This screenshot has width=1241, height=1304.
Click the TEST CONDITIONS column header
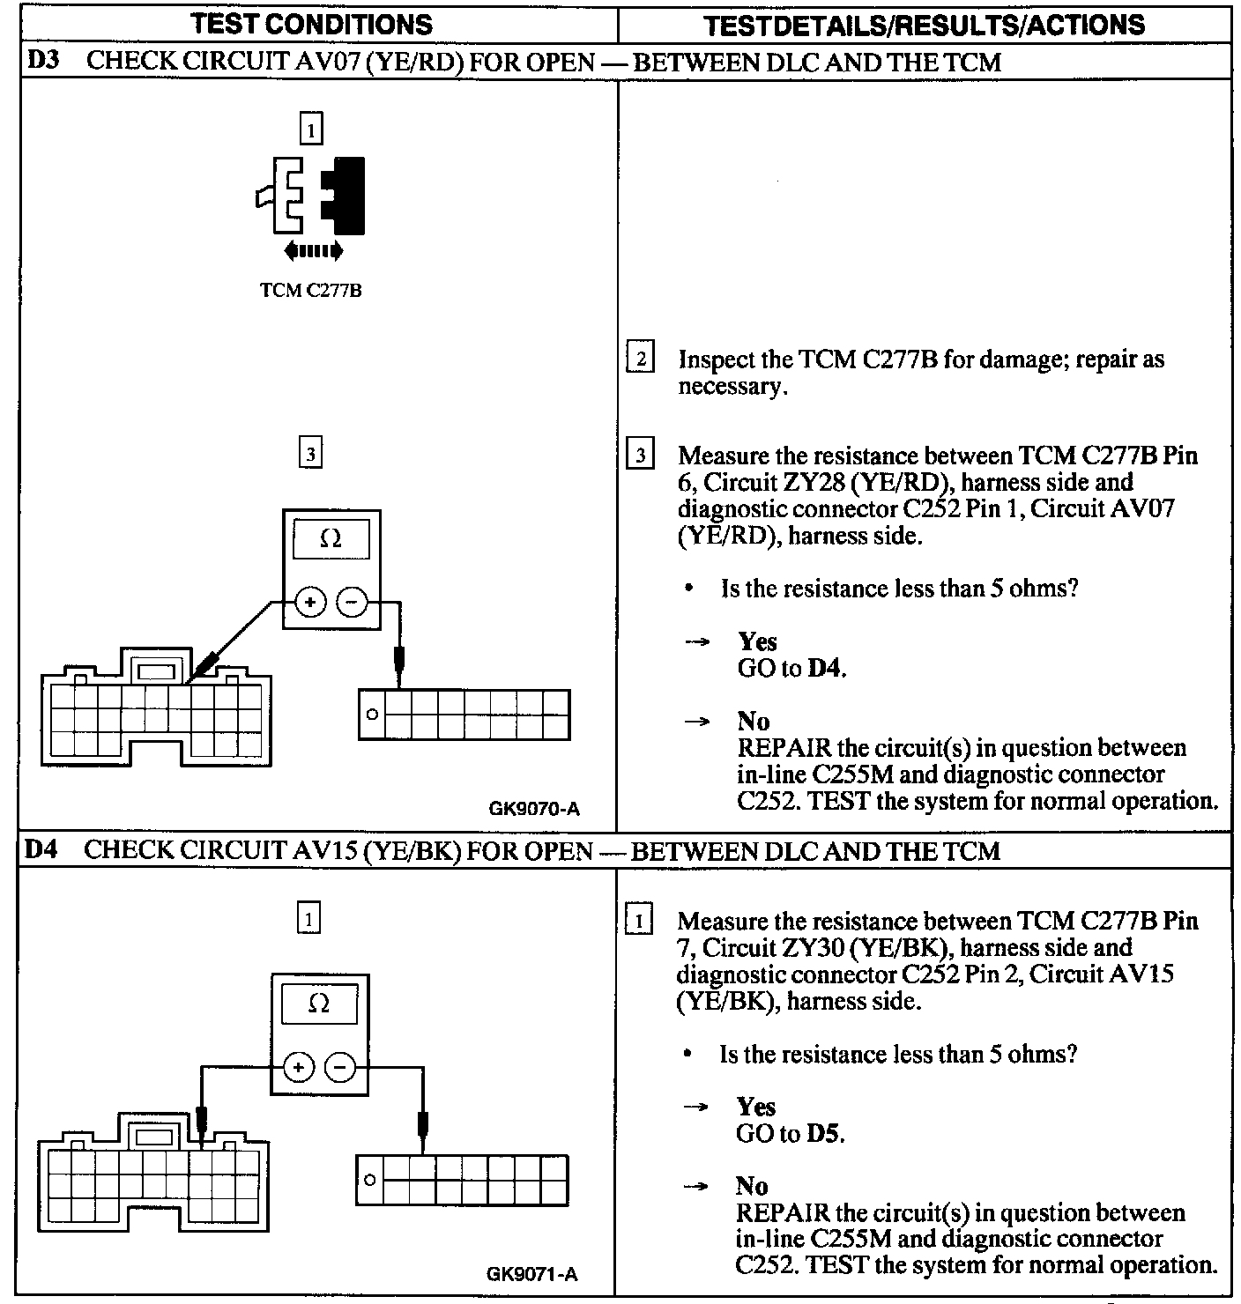[312, 24]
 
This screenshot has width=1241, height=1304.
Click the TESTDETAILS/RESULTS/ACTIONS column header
[925, 25]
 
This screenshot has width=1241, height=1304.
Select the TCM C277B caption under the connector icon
[310, 291]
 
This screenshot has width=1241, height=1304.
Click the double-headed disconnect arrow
[313, 252]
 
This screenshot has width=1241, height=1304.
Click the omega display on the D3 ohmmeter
[331, 538]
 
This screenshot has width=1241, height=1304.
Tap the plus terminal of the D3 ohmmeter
[310, 603]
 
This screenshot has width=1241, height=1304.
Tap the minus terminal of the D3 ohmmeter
[352, 603]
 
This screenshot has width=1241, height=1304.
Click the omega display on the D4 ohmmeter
[319, 1004]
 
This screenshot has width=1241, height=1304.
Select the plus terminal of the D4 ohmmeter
[299, 1068]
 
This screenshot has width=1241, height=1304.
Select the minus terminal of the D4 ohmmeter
[340, 1068]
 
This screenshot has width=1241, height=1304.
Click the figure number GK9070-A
[534, 809]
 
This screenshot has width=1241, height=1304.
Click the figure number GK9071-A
[532, 1274]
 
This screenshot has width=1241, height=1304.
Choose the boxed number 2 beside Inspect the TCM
[641, 359]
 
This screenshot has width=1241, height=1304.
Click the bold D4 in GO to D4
[825, 669]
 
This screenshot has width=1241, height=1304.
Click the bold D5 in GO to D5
[824, 1134]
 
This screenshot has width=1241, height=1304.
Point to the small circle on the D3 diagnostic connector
[372, 715]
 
